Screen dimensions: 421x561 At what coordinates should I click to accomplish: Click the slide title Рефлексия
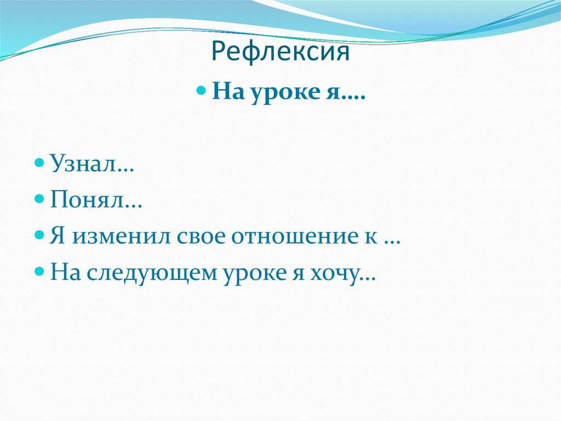(280, 53)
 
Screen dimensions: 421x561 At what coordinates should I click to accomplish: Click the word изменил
(116, 237)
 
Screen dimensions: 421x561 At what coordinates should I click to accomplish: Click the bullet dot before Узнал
(39, 163)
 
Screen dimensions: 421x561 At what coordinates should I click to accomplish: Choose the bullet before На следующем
(39, 272)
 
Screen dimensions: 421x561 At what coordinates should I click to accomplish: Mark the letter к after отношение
(373, 237)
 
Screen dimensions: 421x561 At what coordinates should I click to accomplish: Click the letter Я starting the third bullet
(58, 237)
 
